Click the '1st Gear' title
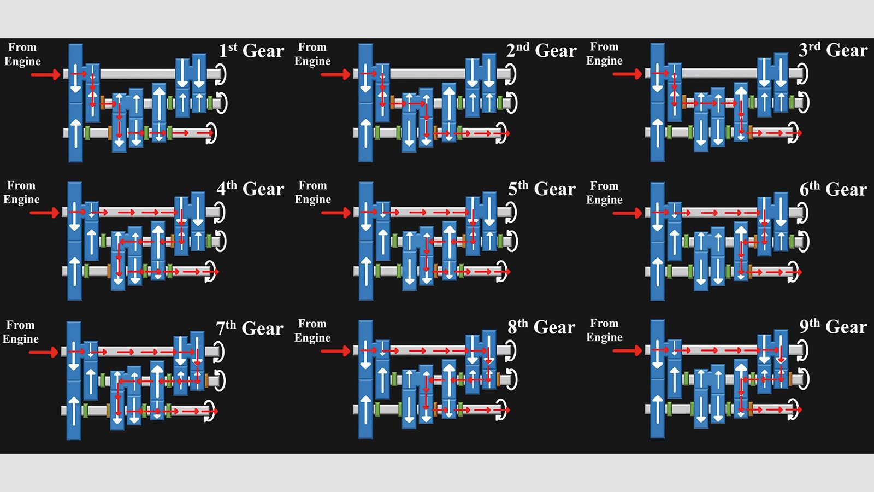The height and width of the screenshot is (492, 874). pos(251,51)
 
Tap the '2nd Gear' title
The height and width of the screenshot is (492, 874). pos(541,51)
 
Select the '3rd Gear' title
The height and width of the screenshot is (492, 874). pos(833,50)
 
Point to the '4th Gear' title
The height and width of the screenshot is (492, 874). pos(250,189)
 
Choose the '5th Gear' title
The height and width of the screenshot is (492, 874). pos(542,189)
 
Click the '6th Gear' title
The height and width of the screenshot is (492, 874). pos(833,189)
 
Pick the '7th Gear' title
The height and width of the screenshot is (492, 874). pos(250,328)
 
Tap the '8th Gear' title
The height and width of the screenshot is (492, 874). pos(541,327)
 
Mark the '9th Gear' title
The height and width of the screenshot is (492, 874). pos(833,326)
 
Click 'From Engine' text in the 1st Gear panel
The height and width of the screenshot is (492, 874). pos(22,54)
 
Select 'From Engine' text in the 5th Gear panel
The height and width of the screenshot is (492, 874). pos(313,192)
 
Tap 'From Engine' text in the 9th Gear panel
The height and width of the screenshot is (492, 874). pos(604,330)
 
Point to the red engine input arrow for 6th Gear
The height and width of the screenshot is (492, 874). pos(627,213)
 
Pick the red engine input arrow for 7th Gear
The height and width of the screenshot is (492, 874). pos(44,352)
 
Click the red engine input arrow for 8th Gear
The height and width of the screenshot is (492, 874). pos(335,350)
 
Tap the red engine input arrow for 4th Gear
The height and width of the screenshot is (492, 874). pos(44,213)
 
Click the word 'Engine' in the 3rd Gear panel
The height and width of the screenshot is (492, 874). pos(604,61)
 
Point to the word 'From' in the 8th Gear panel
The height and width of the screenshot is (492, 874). pos(312,324)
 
